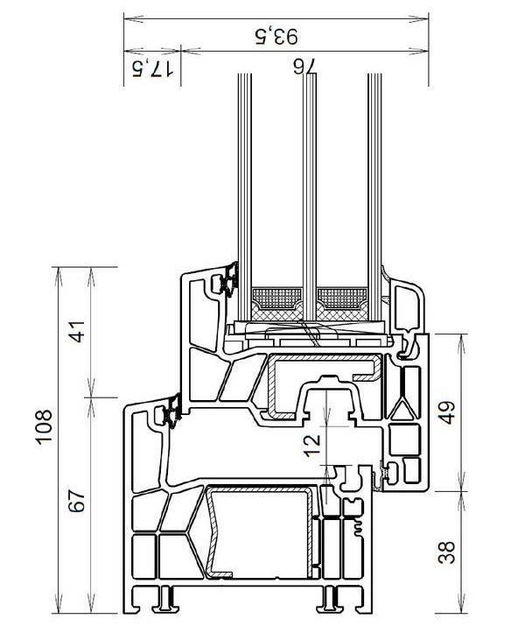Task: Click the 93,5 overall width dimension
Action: click(276, 36)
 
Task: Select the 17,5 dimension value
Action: click(152, 68)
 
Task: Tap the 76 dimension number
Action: click(304, 67)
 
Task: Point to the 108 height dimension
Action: click(44, 425)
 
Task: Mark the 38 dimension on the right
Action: click(446, 552)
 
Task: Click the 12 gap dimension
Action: click(312, 446)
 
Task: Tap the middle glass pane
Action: click(309, 196)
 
